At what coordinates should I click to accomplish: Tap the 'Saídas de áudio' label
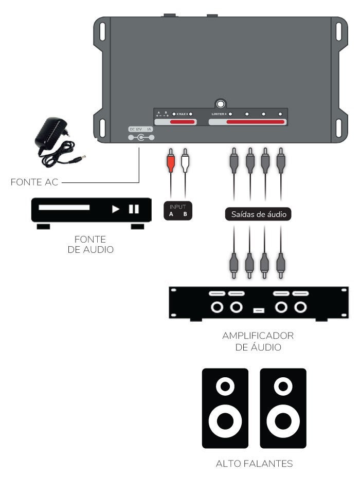point(258,214)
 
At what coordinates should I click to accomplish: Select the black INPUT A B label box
point(178,211)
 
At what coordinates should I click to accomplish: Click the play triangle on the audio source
point(116,209)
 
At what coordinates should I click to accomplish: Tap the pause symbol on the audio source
point(134,209)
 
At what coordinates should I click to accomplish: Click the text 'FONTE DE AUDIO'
point(91,244)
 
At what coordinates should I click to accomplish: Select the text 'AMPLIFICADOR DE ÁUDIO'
point(258,341)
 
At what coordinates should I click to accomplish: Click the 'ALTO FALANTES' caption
point(254,464)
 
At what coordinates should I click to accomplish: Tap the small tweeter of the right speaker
point(283,385)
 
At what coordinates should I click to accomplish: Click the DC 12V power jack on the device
point(139,138)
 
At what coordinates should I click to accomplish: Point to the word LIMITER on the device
point(219,114)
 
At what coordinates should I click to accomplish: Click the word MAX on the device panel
point(182,114)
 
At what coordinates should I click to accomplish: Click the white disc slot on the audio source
point(64,208)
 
